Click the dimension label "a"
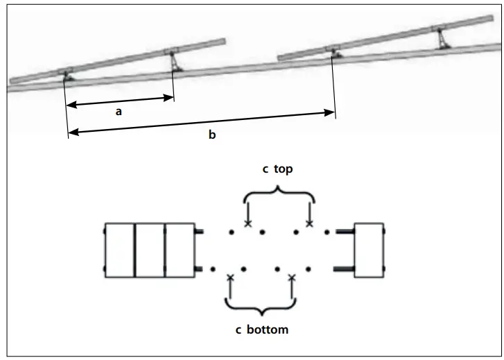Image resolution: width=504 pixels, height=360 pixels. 119,111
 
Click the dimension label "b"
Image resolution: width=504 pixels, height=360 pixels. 212,135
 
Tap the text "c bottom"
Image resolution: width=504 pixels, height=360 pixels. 261,329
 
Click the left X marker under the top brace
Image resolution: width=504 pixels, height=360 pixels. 248,224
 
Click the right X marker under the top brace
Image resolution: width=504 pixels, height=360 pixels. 309,224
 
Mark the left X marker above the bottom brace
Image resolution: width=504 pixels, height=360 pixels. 231,277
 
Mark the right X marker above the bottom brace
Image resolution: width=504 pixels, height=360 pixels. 292,277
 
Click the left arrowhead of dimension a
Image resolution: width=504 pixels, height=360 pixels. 71,105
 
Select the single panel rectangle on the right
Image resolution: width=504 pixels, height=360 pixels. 369,250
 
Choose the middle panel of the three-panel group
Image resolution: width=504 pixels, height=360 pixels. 150,250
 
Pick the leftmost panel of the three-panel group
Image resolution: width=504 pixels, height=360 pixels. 119,250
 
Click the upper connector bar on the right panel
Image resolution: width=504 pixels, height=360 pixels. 345,231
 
